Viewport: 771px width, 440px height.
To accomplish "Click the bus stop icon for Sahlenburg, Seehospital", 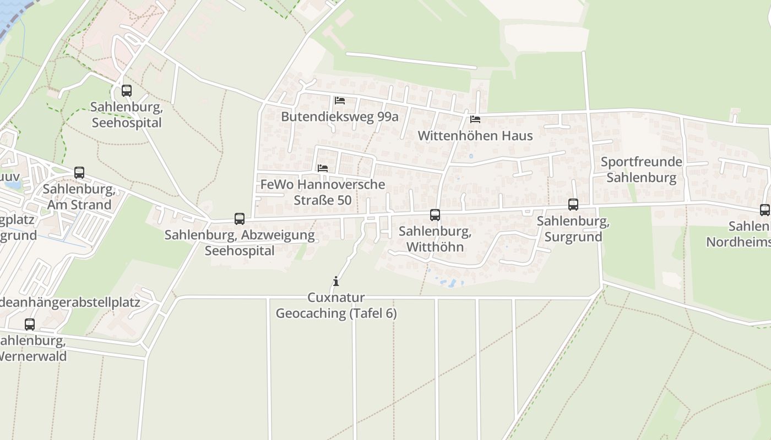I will pos(127,91).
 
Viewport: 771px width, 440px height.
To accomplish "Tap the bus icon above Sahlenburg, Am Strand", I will pos(79,173).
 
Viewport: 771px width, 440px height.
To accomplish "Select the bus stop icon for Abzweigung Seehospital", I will pos(240,219).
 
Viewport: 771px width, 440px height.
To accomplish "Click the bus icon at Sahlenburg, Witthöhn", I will pos(435,215).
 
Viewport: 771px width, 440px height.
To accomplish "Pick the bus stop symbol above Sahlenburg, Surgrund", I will pos(573,205).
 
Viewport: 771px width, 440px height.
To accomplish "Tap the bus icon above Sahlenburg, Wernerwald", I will pos(30,324).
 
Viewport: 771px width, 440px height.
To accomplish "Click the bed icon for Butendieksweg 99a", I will pos(340,101).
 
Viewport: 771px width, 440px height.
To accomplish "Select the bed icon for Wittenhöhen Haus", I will pos(475,119).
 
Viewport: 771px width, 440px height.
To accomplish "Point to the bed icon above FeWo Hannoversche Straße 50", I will pos(323,168).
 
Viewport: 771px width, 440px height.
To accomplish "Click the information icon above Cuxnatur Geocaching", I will pos(336,282).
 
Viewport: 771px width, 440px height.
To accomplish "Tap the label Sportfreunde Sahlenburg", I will pos(641,170).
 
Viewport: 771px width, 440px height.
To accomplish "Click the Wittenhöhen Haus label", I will pos(475,135).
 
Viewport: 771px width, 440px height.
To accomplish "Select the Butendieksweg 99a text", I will pos(340,117).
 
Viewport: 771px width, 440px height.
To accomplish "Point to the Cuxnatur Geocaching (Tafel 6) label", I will pos(336,306).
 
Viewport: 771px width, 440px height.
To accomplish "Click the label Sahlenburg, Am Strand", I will pos(79,197).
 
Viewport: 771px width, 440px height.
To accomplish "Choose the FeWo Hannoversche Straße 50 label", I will pos(323,192).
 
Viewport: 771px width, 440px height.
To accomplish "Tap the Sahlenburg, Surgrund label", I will pos(573,229).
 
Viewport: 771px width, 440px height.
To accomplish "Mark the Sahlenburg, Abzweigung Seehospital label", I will pos(240,243).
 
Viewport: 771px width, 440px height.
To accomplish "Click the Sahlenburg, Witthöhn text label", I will pos(435,239).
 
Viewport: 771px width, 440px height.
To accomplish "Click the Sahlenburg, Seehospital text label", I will pos(127,114).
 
